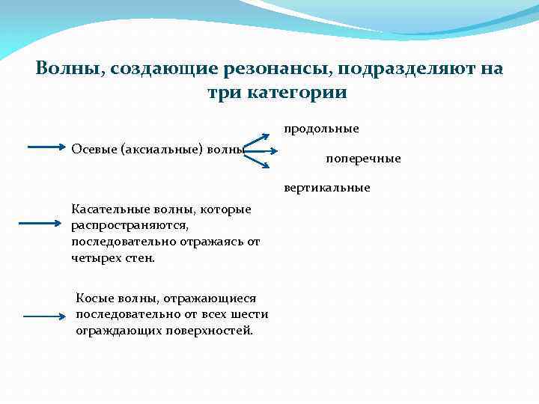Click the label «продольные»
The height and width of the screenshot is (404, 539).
(x=321, y=129)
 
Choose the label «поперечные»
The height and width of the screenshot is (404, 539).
(x=363, y=159)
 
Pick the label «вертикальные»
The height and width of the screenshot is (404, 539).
(x=326, y=188)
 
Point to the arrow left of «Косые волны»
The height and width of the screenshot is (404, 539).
(x=44, y=317)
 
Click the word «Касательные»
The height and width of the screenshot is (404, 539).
(x=105, y=209)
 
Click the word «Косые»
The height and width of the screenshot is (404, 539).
(x=95, y=299)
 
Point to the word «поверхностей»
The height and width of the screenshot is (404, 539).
(x=213, y=330)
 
